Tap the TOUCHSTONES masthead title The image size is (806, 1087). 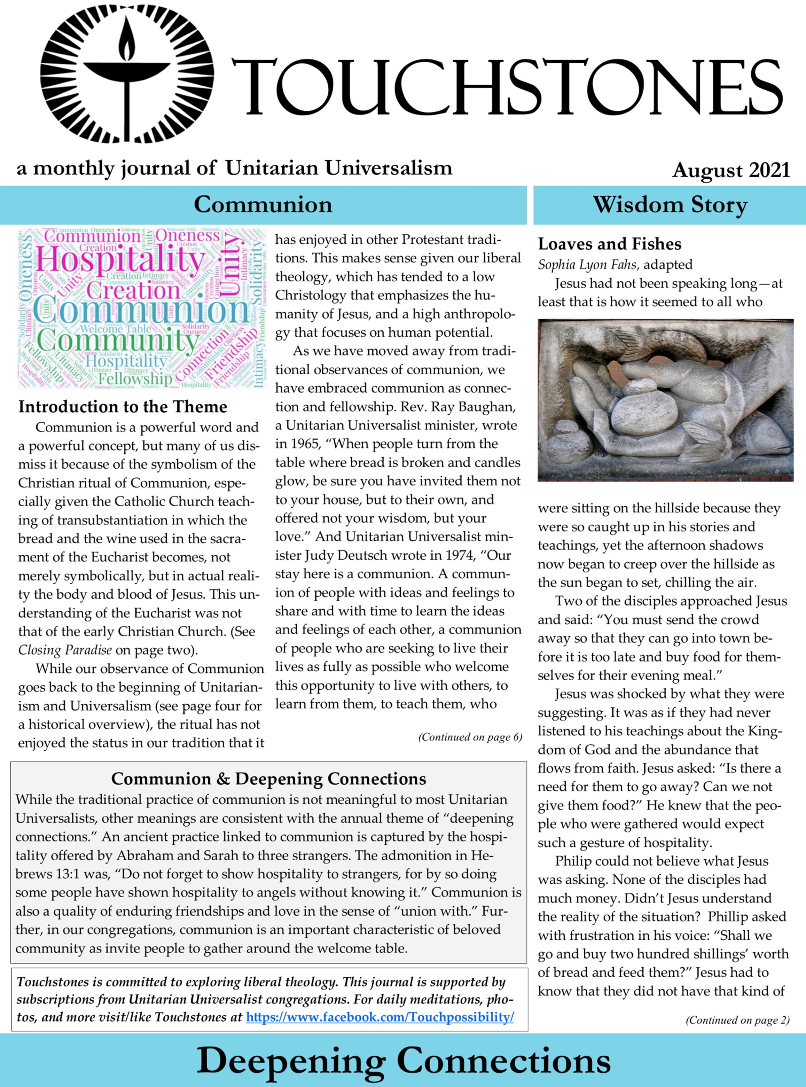coord(507,87)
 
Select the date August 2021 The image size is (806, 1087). coord(730,170)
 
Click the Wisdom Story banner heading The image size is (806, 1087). coord(670,205)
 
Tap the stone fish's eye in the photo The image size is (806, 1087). coord(769,431)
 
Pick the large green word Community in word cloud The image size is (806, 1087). coord(117,341)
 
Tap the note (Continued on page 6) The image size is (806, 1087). coord(470,737)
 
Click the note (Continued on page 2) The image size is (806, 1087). coord(737,1020)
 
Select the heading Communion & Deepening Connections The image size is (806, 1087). coord(268,778)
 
